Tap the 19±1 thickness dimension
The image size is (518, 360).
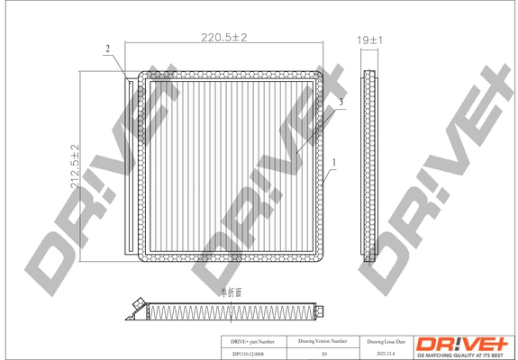[x=369, y=41]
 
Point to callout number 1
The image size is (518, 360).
[x=334, y=163]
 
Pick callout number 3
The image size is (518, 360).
[x=342, y=102]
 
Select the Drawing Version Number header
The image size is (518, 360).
[x=323, y=342]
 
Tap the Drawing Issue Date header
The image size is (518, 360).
[x=387, y=342]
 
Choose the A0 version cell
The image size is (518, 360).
[x=323, y=354]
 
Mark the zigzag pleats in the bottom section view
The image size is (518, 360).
[x=225, y=311]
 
